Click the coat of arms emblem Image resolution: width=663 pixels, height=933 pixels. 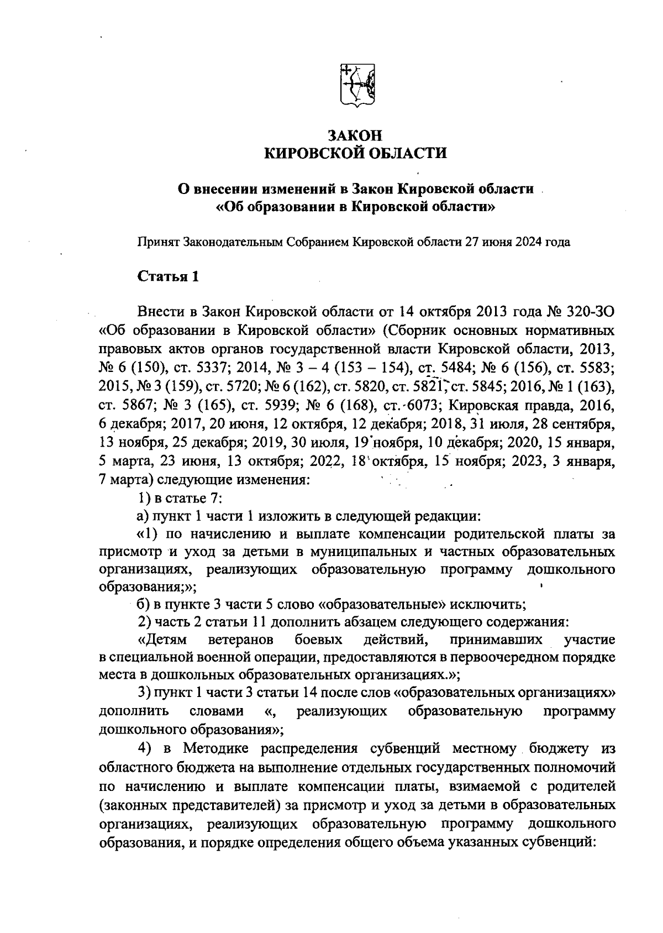(x=356, y=85)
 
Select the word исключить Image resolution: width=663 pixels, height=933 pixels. (x=487, y=604)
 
